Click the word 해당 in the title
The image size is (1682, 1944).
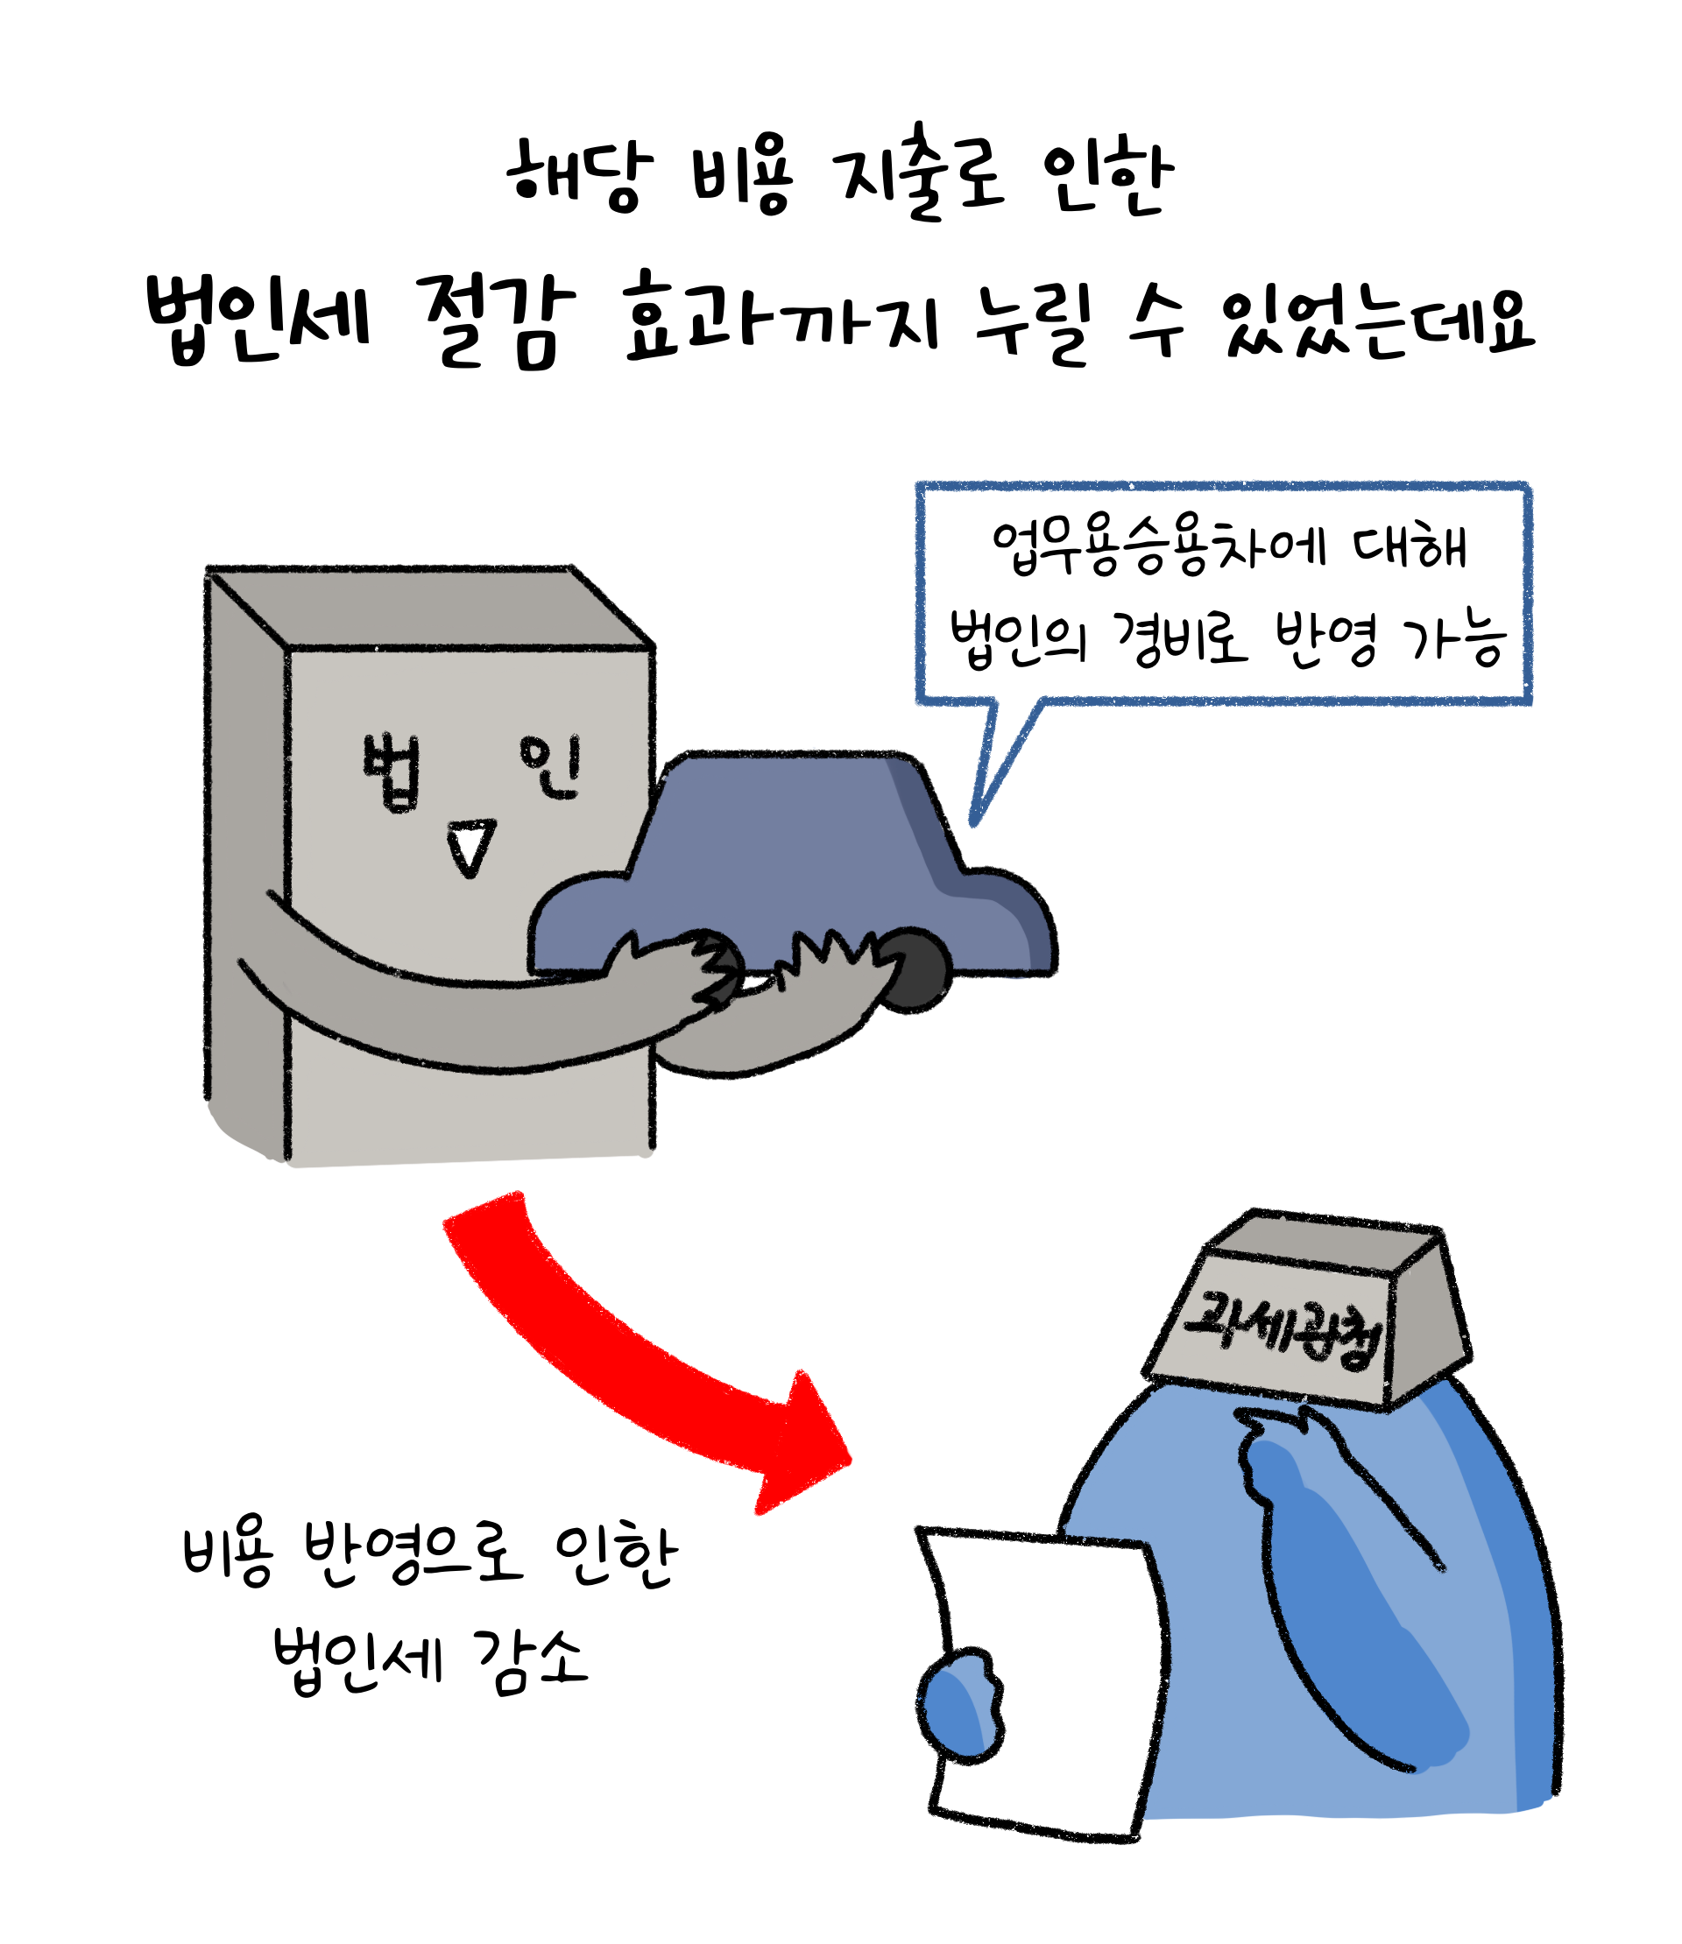578,175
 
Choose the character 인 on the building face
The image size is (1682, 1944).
551,765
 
